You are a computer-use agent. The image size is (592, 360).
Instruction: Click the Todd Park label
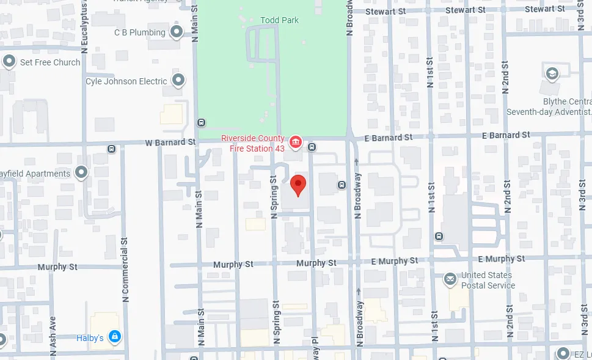279,20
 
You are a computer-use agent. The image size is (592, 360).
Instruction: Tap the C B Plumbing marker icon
177,32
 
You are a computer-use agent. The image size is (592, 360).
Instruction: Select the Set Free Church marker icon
9,62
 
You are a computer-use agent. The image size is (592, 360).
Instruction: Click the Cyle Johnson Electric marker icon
178,80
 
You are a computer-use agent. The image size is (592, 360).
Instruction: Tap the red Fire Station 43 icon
296,142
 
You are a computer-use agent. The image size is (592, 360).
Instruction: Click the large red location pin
298,185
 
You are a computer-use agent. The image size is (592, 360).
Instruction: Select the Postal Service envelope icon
450,279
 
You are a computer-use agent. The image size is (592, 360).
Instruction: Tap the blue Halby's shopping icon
114,337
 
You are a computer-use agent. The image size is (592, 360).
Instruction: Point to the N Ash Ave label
53,332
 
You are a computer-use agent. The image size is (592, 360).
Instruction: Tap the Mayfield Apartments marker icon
81,173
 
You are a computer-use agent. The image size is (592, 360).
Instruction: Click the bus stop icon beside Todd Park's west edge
201,122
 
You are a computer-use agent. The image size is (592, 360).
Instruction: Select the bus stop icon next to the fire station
312,147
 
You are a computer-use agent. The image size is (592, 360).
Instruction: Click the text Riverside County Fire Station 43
252,143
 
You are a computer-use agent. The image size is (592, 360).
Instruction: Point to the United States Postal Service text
488,280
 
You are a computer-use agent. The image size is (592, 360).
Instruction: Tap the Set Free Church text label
49,62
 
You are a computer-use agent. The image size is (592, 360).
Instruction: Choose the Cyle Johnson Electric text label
126,81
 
